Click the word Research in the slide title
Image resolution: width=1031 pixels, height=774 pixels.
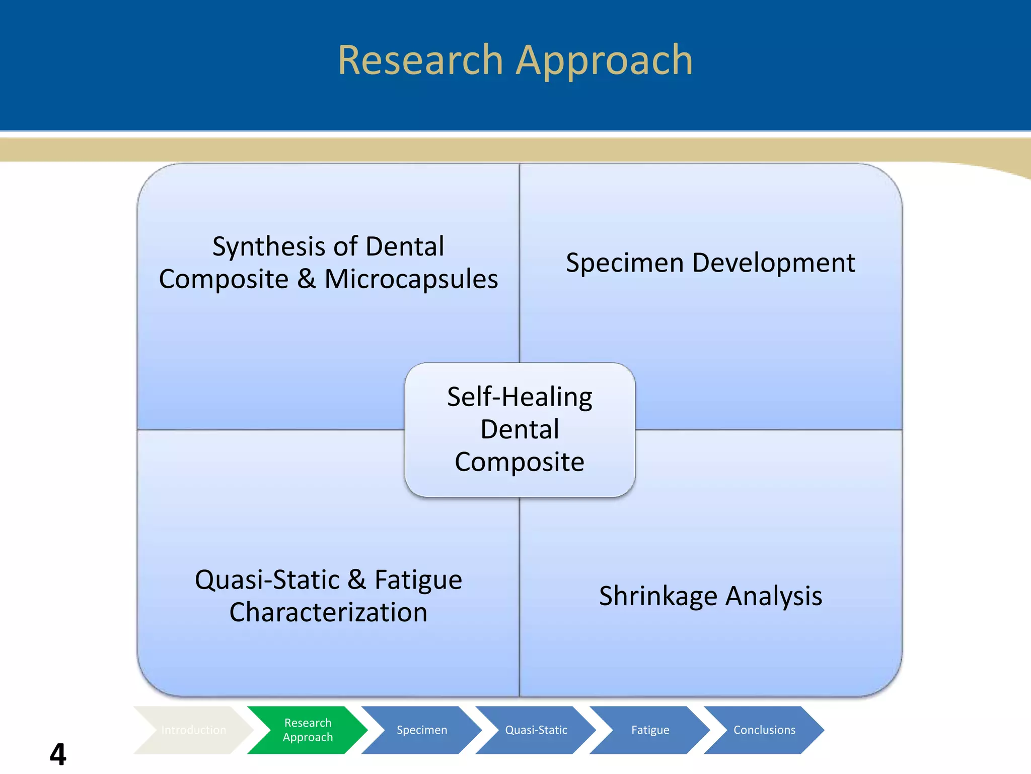click(420, 60)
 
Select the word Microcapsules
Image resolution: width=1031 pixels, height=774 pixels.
click(411, 279)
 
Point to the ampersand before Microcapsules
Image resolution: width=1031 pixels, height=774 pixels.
click(306, 279)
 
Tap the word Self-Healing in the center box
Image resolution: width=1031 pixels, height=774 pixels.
click(520, 397)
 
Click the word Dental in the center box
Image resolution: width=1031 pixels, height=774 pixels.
click(520, 429)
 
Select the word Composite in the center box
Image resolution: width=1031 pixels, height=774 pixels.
click(520, 462)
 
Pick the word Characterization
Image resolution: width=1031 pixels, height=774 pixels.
click(328, 613)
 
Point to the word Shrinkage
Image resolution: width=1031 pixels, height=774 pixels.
click(657, 597)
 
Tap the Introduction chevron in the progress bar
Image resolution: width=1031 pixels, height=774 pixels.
click(193, 730)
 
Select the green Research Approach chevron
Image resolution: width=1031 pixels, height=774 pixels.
click(308, 730)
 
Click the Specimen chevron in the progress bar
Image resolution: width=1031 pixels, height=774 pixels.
click(422, 730)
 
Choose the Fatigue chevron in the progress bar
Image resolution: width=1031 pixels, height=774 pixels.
click(650, 730)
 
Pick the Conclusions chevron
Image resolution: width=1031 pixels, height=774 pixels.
click(764, 730)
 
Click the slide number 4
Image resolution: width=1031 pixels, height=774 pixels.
click(58, 754)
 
